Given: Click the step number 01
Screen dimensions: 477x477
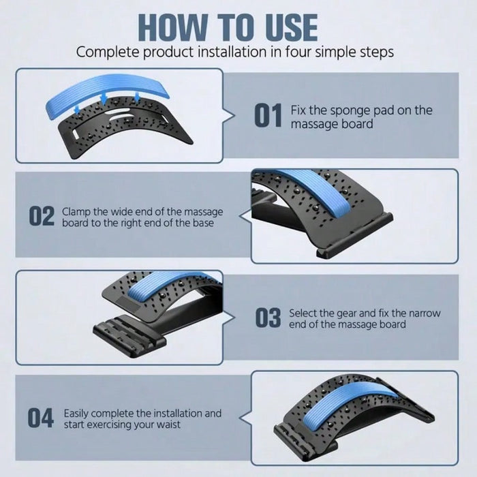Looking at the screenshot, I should click(x=268, y=116).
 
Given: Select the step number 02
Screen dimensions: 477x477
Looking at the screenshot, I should click(x=42, y=217).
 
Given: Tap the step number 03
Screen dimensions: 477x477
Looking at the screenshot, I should click(x=268, y=318).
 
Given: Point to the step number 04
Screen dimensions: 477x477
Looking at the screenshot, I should click(x=41, y=418).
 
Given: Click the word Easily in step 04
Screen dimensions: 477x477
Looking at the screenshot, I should click(x=79, y=413).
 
